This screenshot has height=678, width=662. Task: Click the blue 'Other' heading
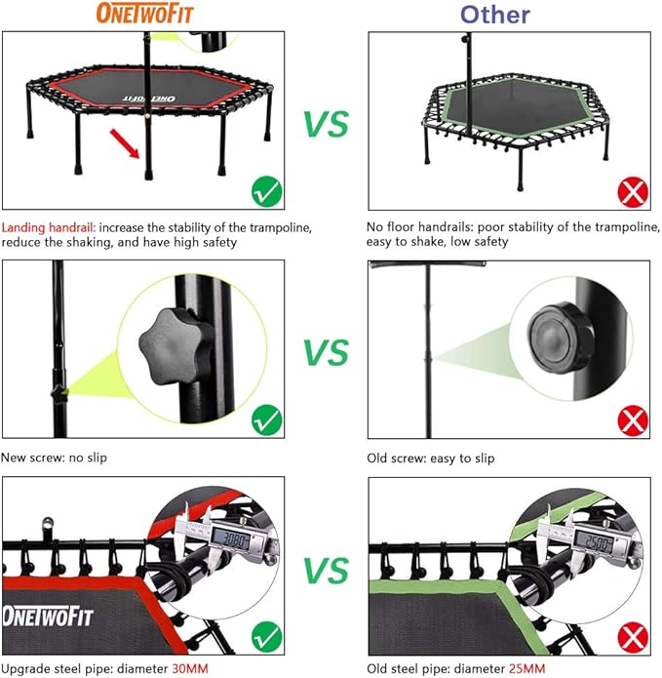click(x=494, y=14)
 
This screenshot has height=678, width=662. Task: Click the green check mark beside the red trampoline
click(x=266, y=192)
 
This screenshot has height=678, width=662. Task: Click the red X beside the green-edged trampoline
click(x=634, y=192)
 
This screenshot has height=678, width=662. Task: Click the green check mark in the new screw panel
click(x=266, y=421)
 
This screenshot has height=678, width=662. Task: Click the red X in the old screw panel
click(x=634, y=421)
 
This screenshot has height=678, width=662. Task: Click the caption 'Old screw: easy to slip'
click(x=430, y=458)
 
